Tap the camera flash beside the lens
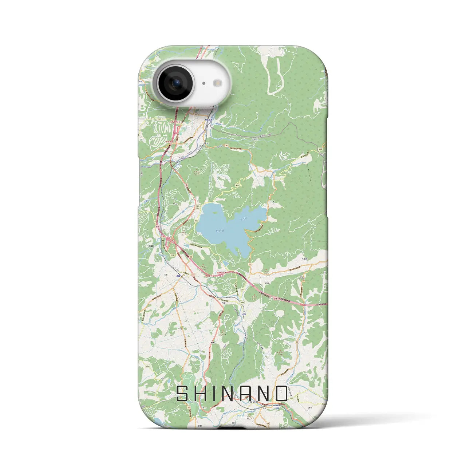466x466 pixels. (218, 83)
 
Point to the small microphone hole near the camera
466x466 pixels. (204, 83)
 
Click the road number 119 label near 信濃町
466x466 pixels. (172, 256)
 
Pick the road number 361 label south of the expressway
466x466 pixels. (242, 289)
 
